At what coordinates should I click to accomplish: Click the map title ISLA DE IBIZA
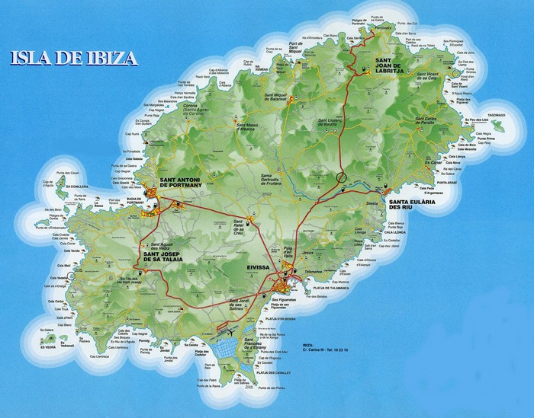coord(75,56)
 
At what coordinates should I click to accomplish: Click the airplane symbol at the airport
coord(227,332)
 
